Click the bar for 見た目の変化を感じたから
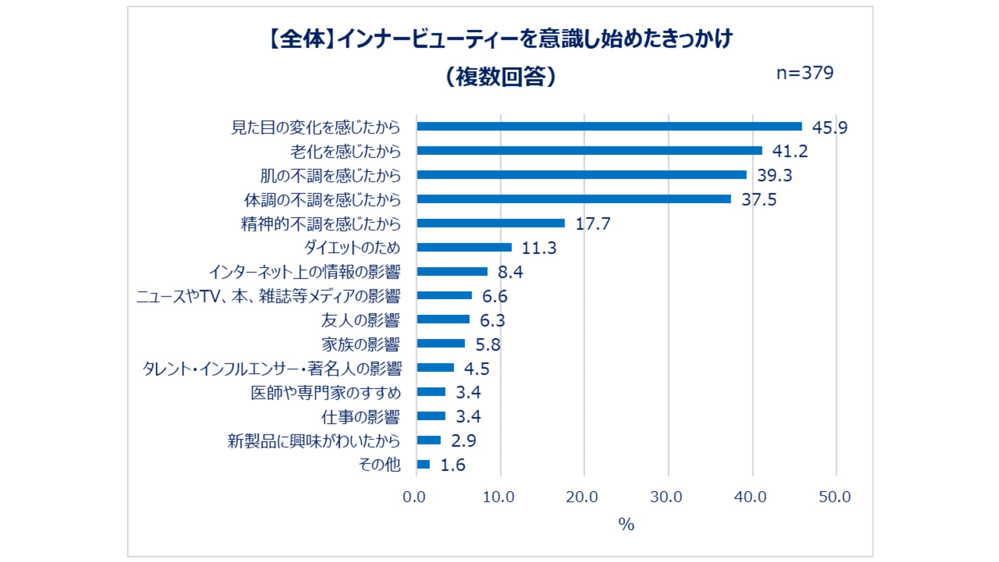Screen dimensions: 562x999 coord(609,126)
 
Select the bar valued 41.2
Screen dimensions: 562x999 coord(589,151)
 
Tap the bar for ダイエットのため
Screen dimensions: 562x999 coord(464,247)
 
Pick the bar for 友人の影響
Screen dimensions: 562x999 coord(443,320)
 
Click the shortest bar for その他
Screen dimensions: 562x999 coord(424,464)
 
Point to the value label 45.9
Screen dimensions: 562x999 coord(829,127)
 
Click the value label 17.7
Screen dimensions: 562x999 coord(593,224)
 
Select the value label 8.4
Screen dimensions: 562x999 coord(510,272)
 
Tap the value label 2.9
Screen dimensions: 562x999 coord(463,441)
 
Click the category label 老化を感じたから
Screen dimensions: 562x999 coord(345,151)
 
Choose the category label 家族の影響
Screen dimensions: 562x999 coord(361,344)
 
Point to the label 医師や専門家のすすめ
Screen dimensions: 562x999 coord(326,392)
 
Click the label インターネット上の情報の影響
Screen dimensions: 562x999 coord(304,272)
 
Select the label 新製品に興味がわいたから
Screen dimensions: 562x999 coord(314,441)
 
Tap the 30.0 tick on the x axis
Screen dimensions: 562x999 coord(666,497)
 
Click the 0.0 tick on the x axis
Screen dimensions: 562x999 coord(414,497)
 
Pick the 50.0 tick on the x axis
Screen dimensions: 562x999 coord(835,497)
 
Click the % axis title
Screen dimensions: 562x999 coord(626,524)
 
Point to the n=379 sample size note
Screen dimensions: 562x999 coord(804,73)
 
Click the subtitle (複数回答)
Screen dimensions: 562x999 coord(501,76)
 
